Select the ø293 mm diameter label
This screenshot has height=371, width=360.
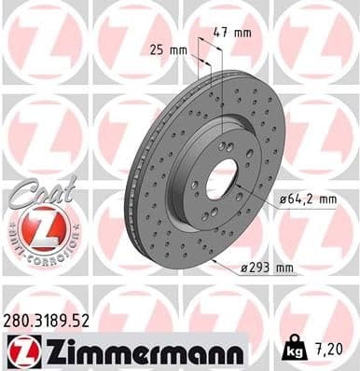pyautogui.click(x=267, y=268)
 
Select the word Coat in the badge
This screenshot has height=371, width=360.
pyautogui.click(x=35, y=191)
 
